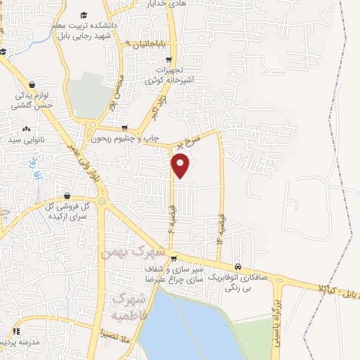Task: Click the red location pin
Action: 181,166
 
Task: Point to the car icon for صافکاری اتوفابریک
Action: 239,267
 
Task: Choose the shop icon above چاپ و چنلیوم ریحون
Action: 124,128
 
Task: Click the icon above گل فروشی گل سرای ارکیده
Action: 67,196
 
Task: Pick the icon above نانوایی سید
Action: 27,129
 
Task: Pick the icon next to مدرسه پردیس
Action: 15,331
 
